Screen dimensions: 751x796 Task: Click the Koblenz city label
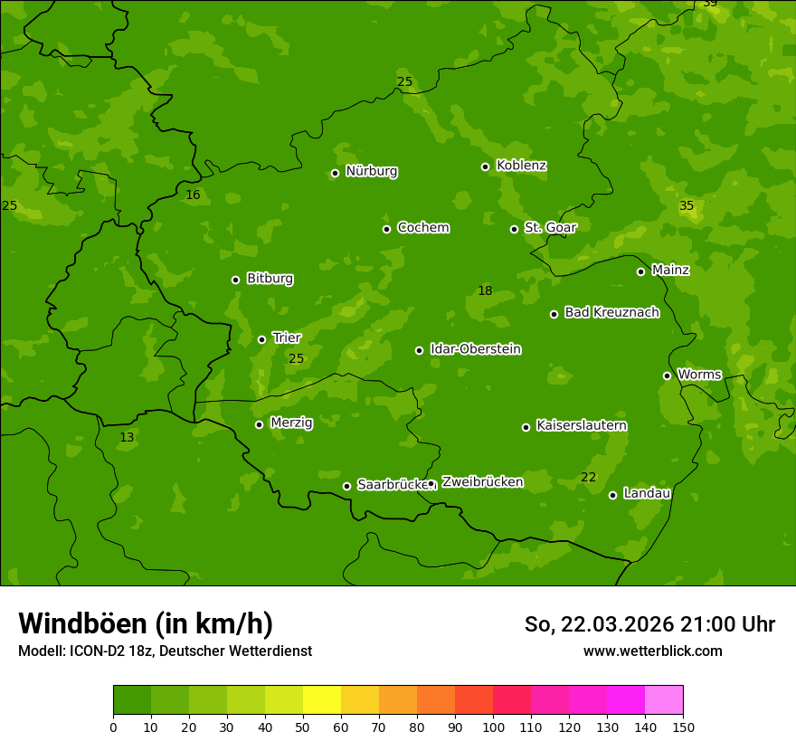[x=521, y=166]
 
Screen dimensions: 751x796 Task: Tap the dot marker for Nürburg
[x=335, y=173]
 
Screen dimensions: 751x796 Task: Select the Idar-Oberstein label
[x=475, y=349]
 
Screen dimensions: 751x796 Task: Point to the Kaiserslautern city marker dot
[x=526, y=427]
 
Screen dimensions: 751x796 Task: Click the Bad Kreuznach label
[x=611, y=312]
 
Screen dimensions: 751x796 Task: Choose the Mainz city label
[x=670, y=270]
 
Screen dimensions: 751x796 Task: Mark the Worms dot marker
[x=667, y=375]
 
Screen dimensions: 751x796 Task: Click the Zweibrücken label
[x=482, y=482]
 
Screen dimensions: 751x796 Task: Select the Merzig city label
[x=291, y=423]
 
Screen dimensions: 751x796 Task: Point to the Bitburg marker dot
[x=235, y=280]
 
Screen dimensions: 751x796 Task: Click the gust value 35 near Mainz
[x=687, y=206]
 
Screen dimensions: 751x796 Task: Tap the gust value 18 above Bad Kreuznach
[x=485, y=290]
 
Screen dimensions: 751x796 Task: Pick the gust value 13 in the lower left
[x=127, y=437]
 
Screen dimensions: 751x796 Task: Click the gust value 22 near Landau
[x=588, y=477]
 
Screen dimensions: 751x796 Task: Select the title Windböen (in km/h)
[x=146, y=623]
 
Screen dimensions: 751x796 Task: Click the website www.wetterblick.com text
[x=652, y=651]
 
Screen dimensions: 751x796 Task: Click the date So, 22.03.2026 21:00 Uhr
[x=649, y=624]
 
